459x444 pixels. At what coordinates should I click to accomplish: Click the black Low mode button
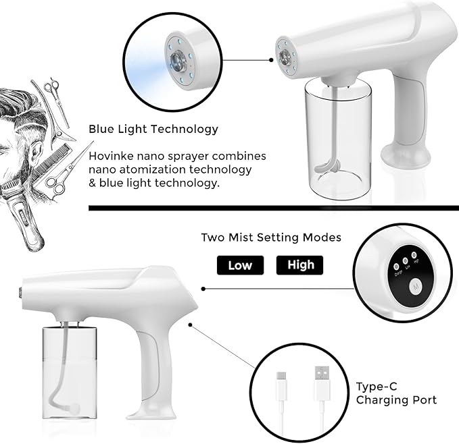[x=240, y=265]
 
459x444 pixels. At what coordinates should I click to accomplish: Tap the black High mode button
[x=300, y=265]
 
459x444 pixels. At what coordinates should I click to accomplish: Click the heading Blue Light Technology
[x=153, y=128]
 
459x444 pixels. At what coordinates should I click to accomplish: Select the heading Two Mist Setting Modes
[x=270, y=238]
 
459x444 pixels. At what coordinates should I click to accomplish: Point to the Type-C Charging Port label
[x=396, y=393]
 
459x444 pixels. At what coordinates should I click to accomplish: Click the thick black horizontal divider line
[x=270, y=208]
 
